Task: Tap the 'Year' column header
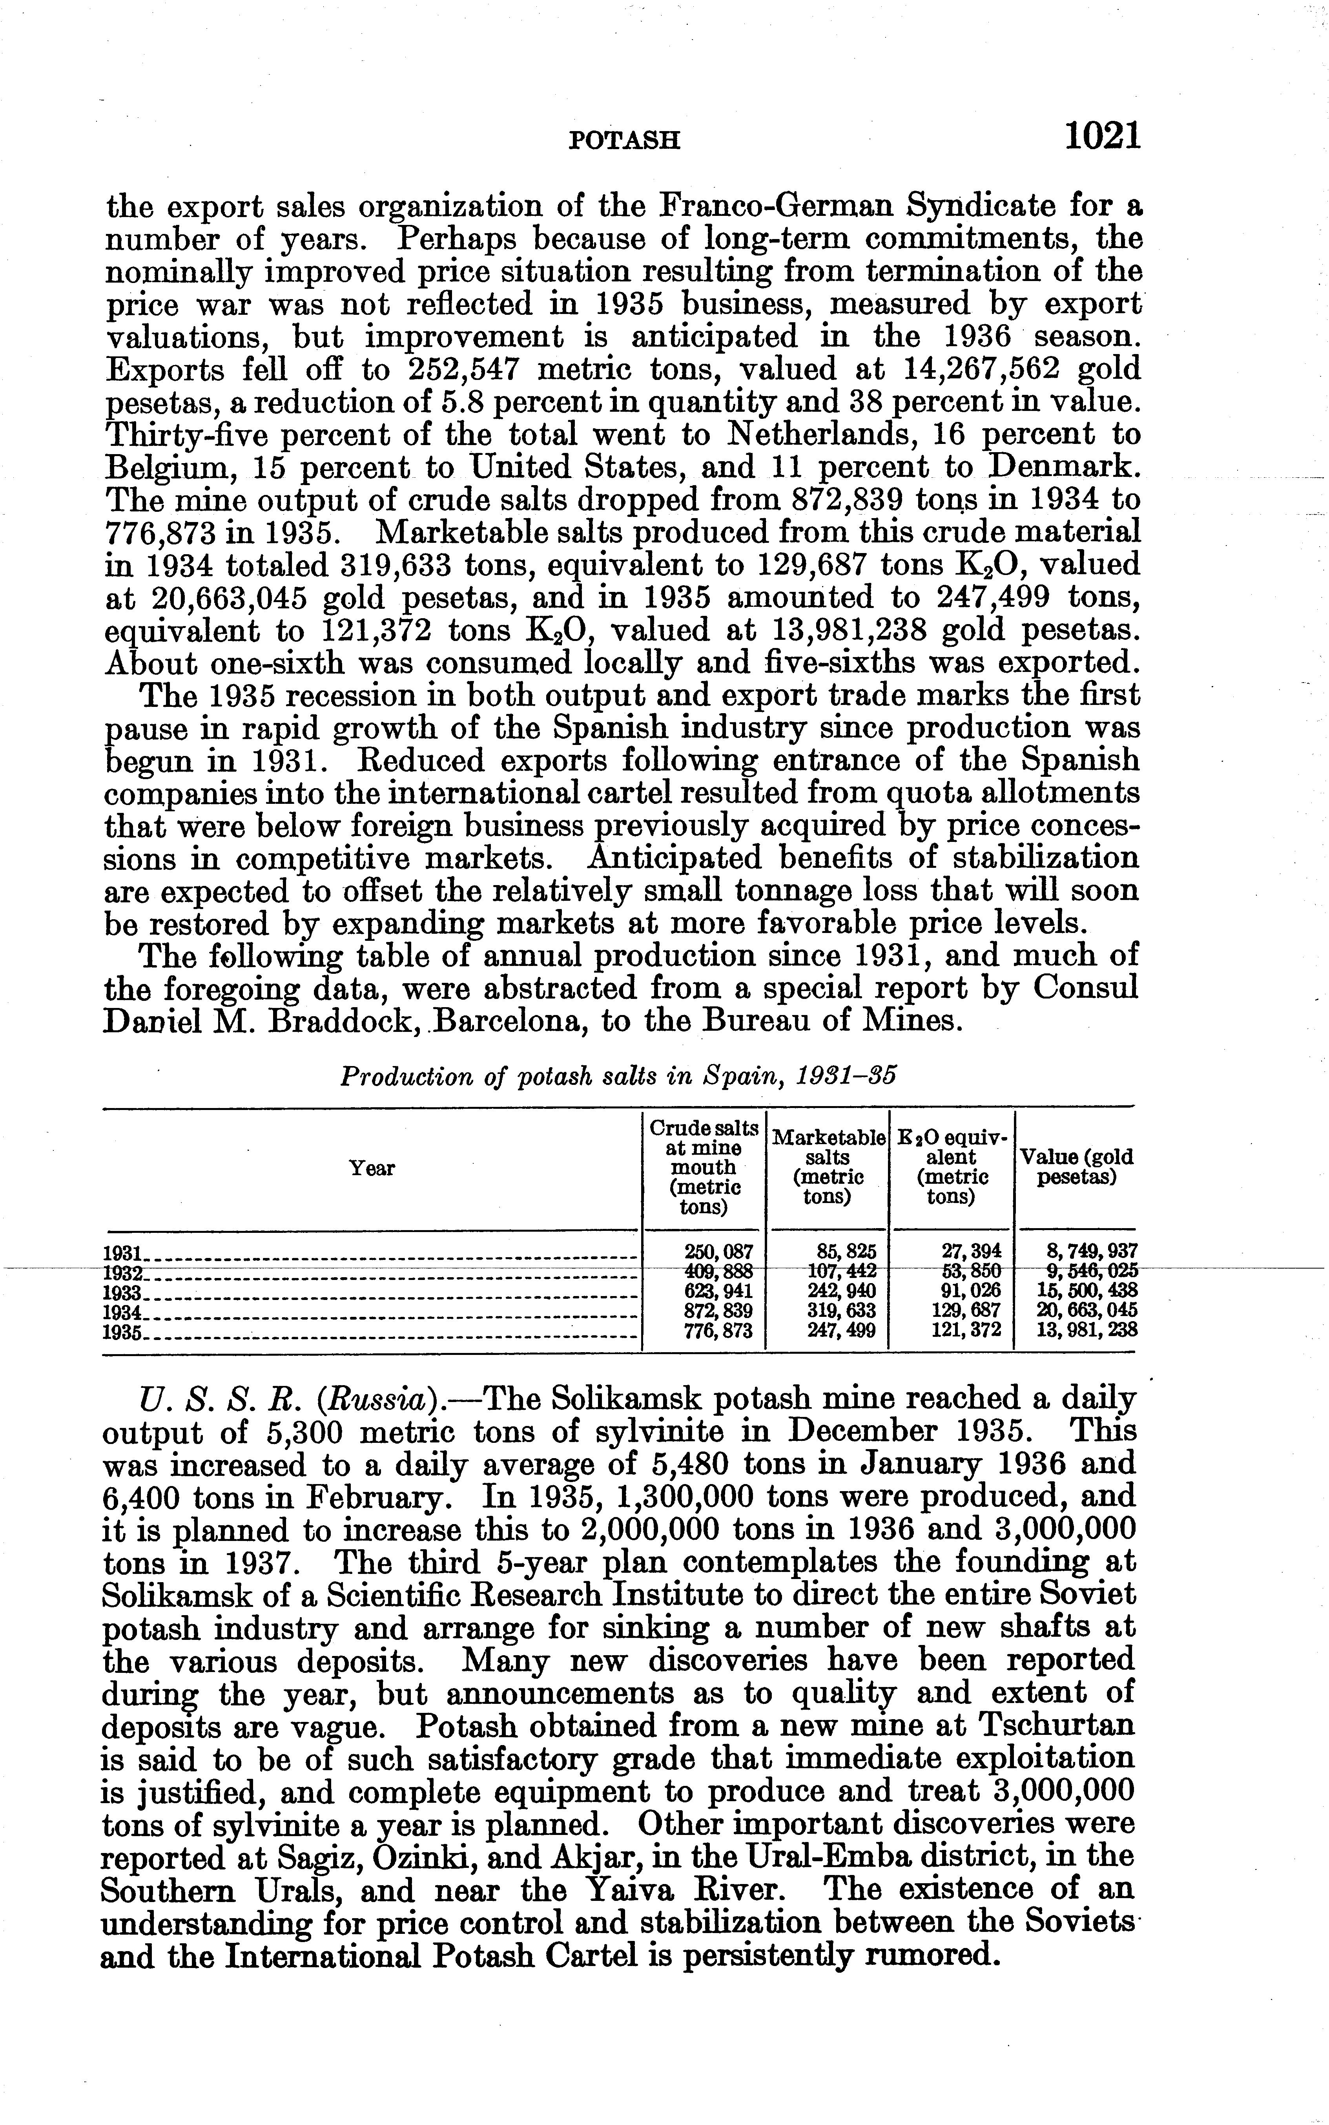[x=372, y=1168]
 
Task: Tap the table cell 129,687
[x=966, y=1311]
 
